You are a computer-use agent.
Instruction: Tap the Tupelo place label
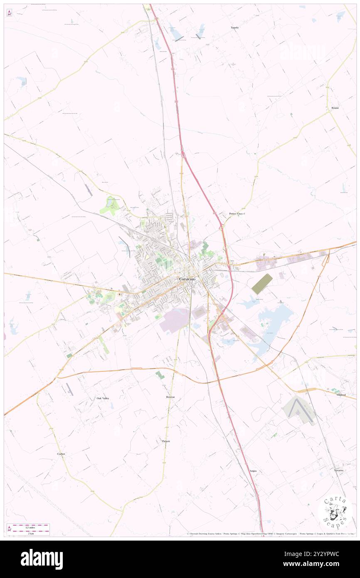(x=235, y=27)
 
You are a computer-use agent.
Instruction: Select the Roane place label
(x=335, y=108)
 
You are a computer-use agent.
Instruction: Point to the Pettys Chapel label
(x=237, y=214)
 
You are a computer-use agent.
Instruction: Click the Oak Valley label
(x=103, y=398)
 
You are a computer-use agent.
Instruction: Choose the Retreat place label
(x=170, y=397)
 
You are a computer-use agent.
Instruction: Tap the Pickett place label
(x=166, y=441)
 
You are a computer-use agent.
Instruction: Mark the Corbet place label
(x=61, y=454)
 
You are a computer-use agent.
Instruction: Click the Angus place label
(x=253, y=471)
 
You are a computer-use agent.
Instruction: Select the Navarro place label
(x=338, y=470)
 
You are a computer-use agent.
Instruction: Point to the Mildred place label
(x=341, y=395)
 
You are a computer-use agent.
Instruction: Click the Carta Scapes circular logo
(x=335, y=511)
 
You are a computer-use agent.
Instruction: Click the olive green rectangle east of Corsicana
(x=262, y=284)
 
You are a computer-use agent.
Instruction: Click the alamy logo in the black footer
(x=42, y=559)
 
